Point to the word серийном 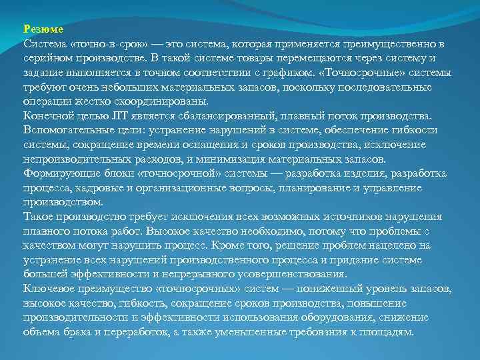coord(44,58)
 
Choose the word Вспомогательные coord(65,131)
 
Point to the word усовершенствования coord(287,275)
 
